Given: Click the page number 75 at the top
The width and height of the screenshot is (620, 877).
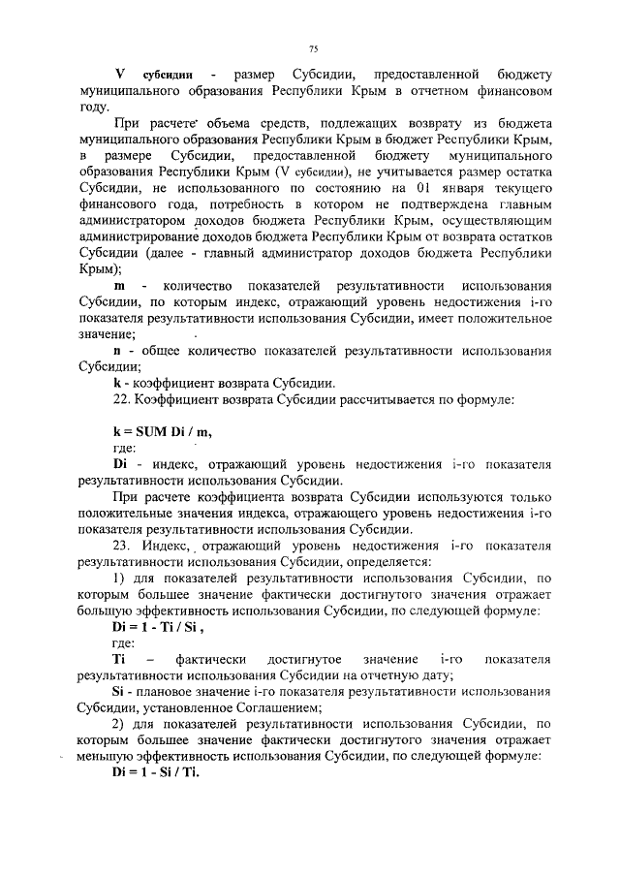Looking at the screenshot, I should pos(312,48).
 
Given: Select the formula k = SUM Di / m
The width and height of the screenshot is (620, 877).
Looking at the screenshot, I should pos(161,429).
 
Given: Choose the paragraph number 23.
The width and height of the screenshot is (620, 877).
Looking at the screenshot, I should pos(123,545).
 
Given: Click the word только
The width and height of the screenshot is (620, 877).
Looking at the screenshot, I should pos(532,496).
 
